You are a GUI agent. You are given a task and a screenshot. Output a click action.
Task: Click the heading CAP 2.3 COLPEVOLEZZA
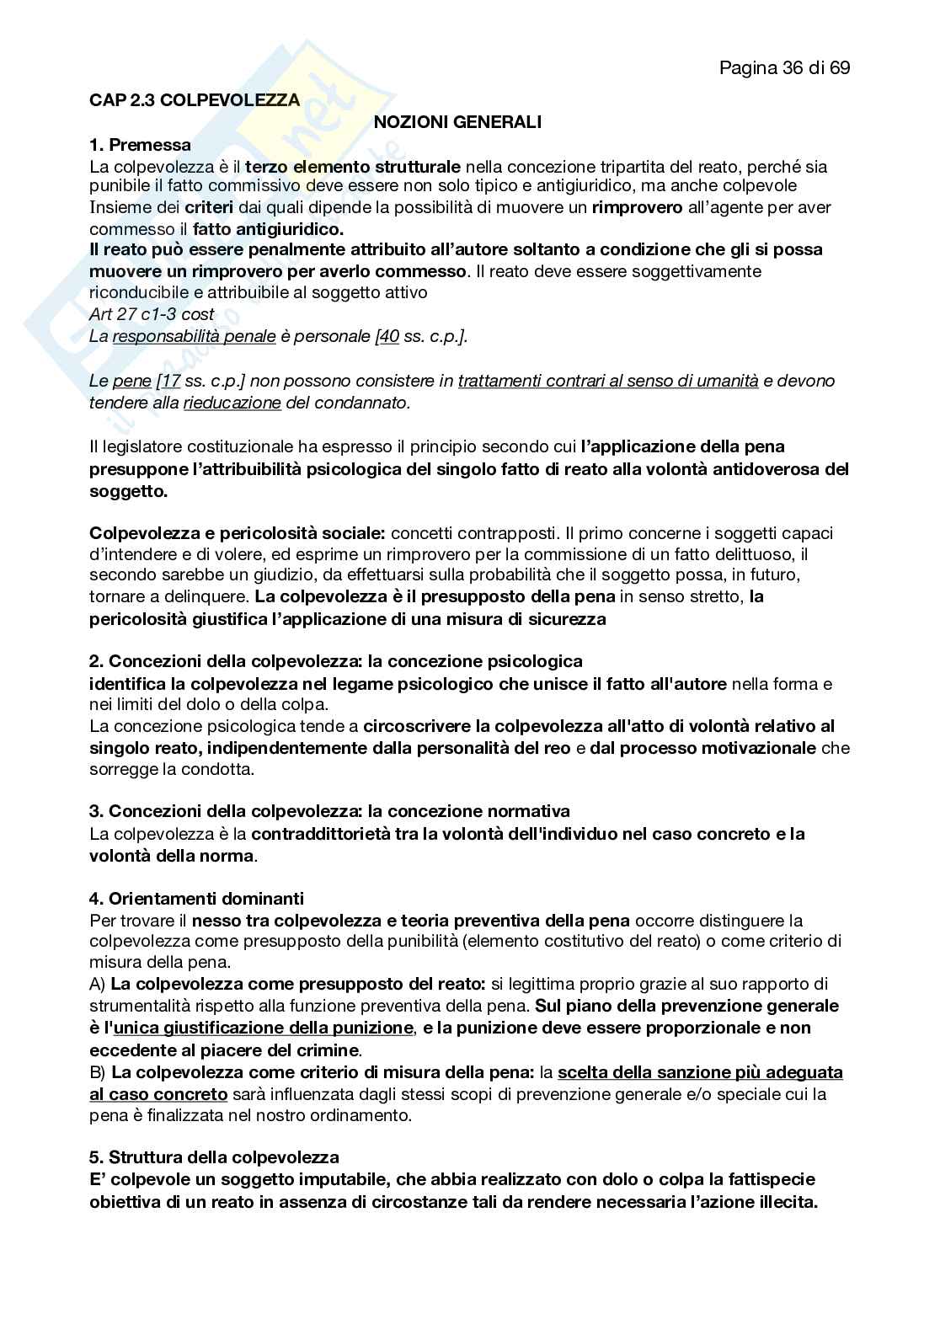point(195,100)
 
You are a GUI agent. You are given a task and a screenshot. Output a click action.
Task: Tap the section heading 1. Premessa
point(140,145)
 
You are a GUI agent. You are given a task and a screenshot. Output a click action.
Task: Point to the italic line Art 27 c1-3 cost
point(152,314)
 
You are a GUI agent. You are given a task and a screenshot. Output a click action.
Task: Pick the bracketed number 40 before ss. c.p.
point(389,336)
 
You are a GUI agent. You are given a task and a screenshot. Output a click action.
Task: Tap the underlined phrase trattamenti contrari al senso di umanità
point(608,381)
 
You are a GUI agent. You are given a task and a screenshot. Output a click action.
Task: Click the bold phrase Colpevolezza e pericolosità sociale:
point(238,533)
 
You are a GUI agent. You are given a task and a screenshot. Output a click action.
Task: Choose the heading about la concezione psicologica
point(336,661)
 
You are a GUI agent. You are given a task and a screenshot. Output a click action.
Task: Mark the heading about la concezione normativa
point(329,811)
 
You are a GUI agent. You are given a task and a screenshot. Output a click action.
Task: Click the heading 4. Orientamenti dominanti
point(197,899)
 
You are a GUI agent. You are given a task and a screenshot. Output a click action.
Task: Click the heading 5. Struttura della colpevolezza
point(214,1157)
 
